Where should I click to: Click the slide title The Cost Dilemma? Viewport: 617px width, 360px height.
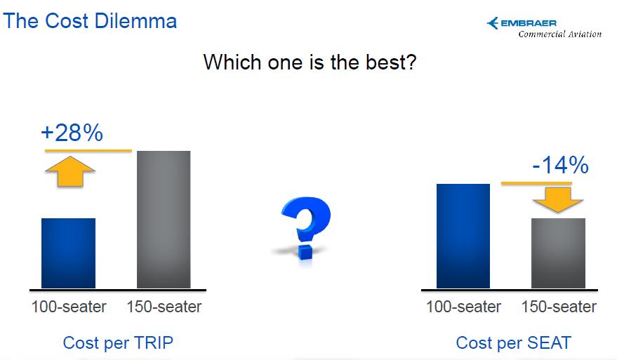(x=90, y=21)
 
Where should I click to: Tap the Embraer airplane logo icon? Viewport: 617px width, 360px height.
(x=493, y=23)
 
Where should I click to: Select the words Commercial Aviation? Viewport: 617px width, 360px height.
(x=560, y=34)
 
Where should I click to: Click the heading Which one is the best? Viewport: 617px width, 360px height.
(x=310, y=62)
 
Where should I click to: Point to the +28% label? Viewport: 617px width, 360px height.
(x=72, y=133)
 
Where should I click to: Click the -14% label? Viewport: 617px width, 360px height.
(x=560, y=165)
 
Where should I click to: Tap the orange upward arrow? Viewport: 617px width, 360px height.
(x=70, y=171)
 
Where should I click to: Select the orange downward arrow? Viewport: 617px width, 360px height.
(x=558, y=199)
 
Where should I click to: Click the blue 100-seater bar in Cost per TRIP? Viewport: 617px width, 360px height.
(x=69, y=253)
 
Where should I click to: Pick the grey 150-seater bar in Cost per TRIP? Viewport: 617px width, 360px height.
(x=164, y=220)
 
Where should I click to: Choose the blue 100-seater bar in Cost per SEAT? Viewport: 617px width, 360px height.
(x=463, y=236)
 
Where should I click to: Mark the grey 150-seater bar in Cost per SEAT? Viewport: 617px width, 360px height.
(x=558, y=253)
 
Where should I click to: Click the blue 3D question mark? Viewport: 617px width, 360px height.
(x=305, y=228)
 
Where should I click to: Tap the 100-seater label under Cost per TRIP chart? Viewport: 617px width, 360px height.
(x=69, y=307)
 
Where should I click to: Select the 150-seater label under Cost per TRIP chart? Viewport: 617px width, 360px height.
(x=164, y=307)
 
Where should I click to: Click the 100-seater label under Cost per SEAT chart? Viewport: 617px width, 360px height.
(x=463, y=307)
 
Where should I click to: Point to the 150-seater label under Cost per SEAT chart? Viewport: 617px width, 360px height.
(x=559, y=307)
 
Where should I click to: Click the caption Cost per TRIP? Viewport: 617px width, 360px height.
(x=118, y=343)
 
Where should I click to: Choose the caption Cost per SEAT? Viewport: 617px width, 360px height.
(x=514, y=343)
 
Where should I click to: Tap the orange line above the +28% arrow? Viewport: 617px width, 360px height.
(x=88, y=150)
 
